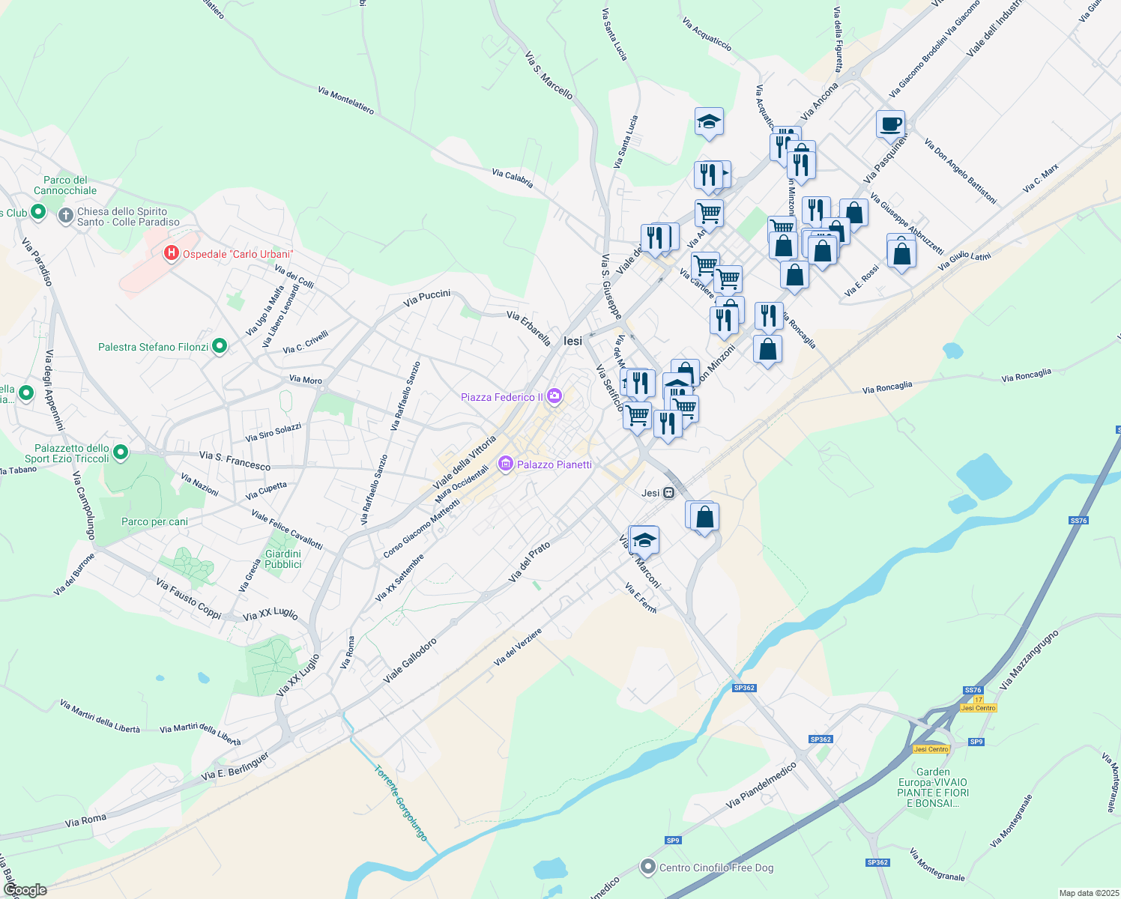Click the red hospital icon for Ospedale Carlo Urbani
coord(172,253)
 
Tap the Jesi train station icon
coord(668,492)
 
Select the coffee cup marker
coord(890,124)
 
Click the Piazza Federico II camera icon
coord(555,396)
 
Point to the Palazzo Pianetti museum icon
coord(506,464)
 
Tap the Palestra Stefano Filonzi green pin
coord(220,346)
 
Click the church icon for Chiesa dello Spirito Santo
coord(66,217)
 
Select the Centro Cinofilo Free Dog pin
coord(647,868)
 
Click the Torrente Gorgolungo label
coord(401,802)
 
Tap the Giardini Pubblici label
coord(283,559)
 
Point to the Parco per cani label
coord(154,521)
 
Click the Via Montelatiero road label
coord(345,100)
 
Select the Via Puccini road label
coord(427,298)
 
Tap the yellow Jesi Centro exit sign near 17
coord(978,708)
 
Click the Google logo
coord(25,889)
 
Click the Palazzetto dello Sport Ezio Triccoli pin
coord(121,452)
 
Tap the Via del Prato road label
coord(529,563)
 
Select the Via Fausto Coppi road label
coord(189,598)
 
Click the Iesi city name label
coord(572,341)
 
